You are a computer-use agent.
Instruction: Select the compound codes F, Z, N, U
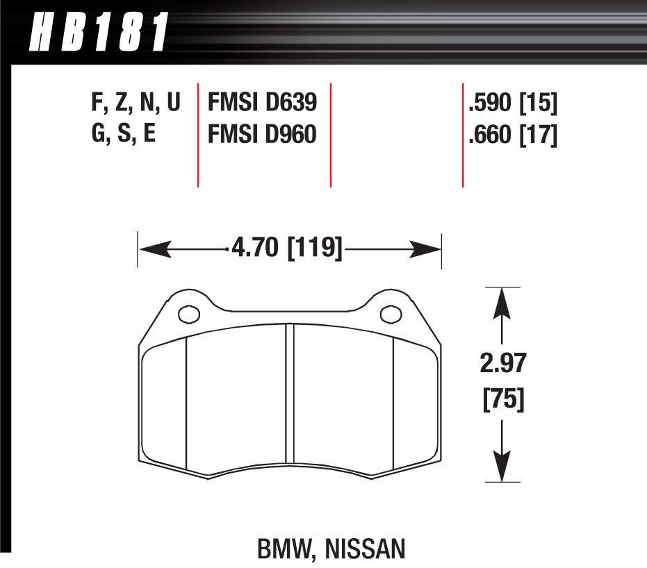click(x=136, y=103)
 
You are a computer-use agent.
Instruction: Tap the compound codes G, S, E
click(x=124, y=134)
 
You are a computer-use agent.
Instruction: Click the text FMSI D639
click(x=262, y=103)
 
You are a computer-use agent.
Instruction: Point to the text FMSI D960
click(x=262, y=134)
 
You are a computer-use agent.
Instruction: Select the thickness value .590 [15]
click(x=513, y=103)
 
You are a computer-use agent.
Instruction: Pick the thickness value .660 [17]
click(x=513, y=134)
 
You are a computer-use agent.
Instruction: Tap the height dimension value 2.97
click(x=502, y=364)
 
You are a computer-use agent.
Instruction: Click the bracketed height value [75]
click(x=502, y=401)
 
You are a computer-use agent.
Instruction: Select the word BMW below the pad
click(x=284, y=550)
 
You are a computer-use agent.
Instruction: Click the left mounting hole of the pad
click(x=188, y=315)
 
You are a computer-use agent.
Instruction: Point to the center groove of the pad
click(x=290, y=403)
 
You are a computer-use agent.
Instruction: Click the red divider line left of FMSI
click(x=198, y=135)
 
